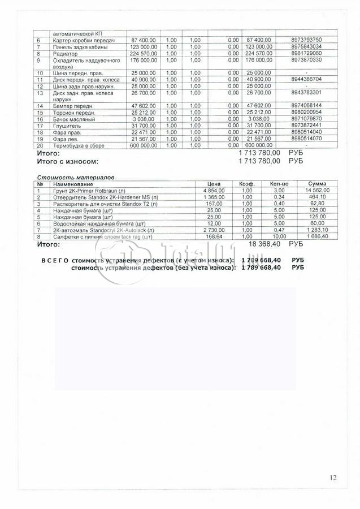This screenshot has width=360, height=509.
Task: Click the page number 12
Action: coord(333,478)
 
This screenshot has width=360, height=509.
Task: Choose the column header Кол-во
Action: coord(280,184)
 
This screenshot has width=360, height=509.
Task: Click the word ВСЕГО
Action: coord(55,260)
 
